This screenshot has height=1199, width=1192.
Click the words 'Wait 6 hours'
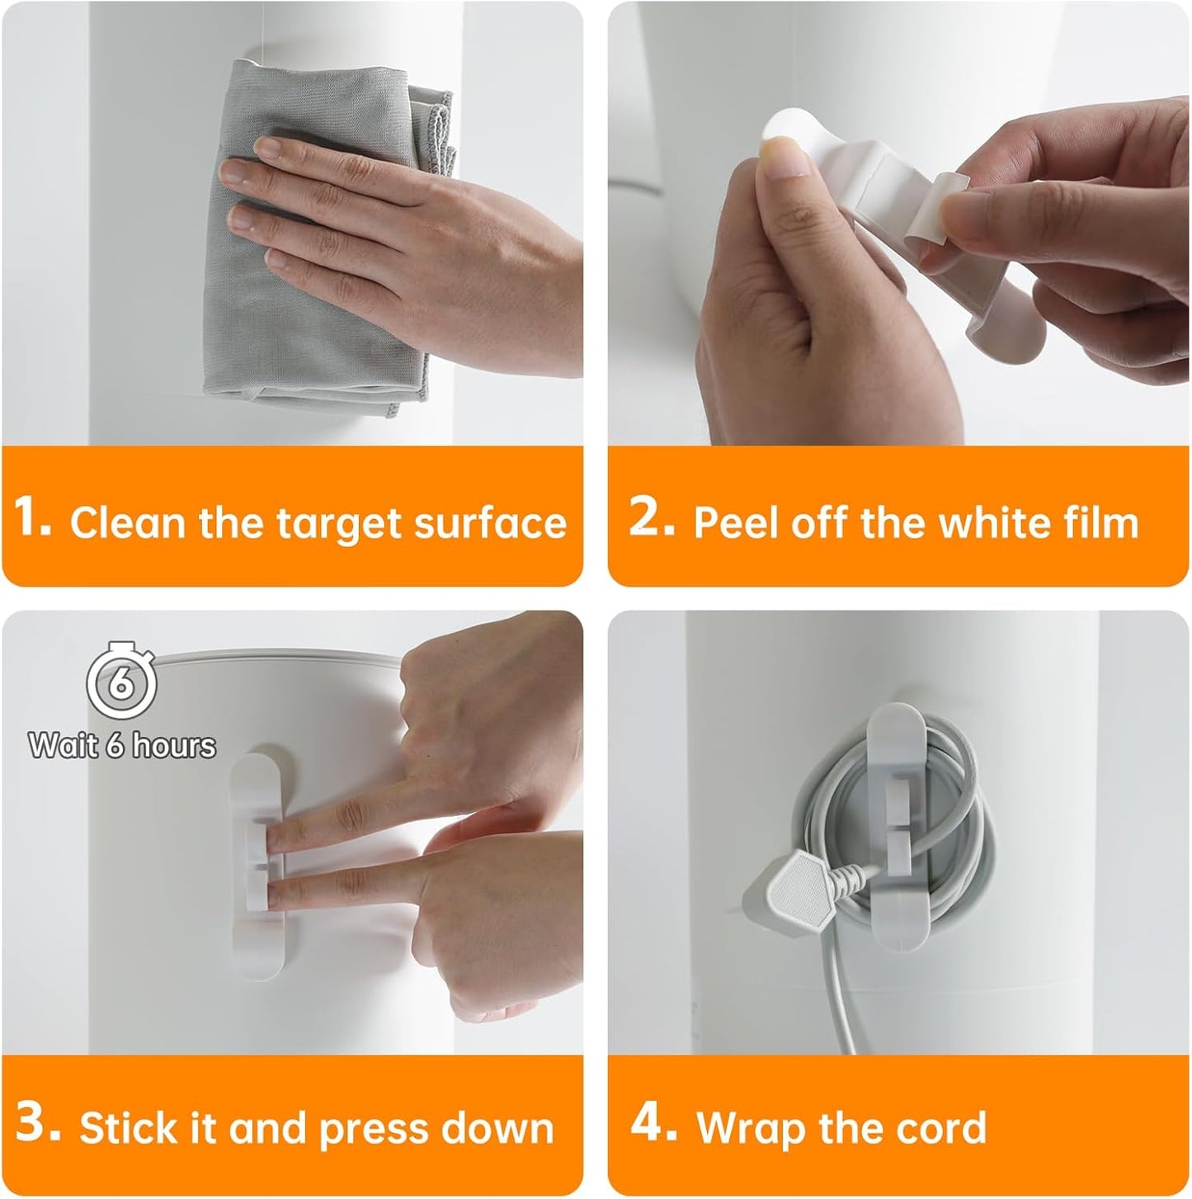pyautogui.click(x=122, y=745)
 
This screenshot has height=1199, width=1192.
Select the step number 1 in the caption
pyautogui.click(x=31, y=517)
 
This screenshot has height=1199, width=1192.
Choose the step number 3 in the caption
pyautogui.click(x=38, y=1121)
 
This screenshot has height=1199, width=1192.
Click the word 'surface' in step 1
pyautogui.click(x=490, y=522)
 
